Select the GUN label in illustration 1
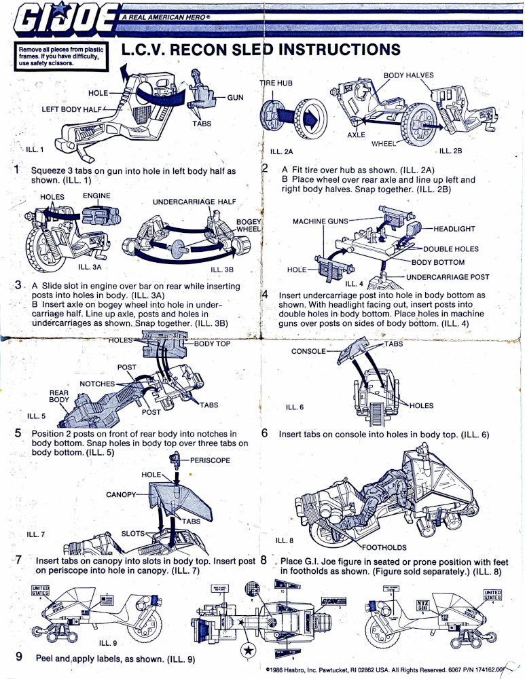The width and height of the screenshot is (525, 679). [x=235, y=98]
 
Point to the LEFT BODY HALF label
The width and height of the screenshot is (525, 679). [x=71, y=109]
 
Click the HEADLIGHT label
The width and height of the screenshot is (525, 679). [x=454, y=230]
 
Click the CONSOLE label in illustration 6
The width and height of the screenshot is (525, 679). [x=309, y=351]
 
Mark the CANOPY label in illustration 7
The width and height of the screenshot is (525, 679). [x=122, y=494]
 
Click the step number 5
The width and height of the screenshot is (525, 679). [x=18, y=435]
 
